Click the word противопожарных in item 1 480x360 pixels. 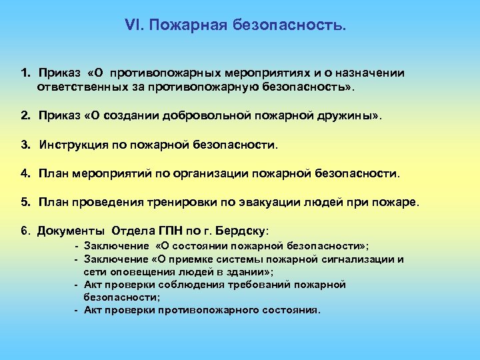point(166,73)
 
